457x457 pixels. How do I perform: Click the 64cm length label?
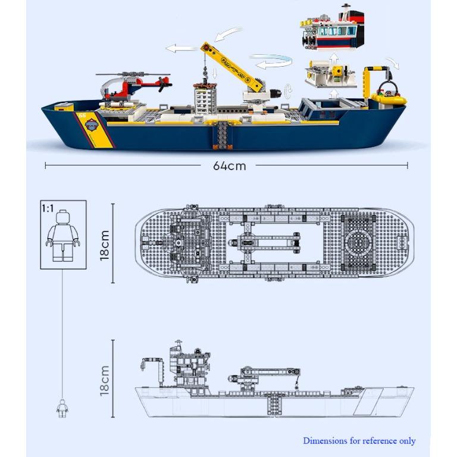coord(230,166)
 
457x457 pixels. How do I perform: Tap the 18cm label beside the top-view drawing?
coord(105,245)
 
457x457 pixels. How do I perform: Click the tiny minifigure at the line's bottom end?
coord(62,409)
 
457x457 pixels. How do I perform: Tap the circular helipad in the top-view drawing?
coord(358,242)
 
